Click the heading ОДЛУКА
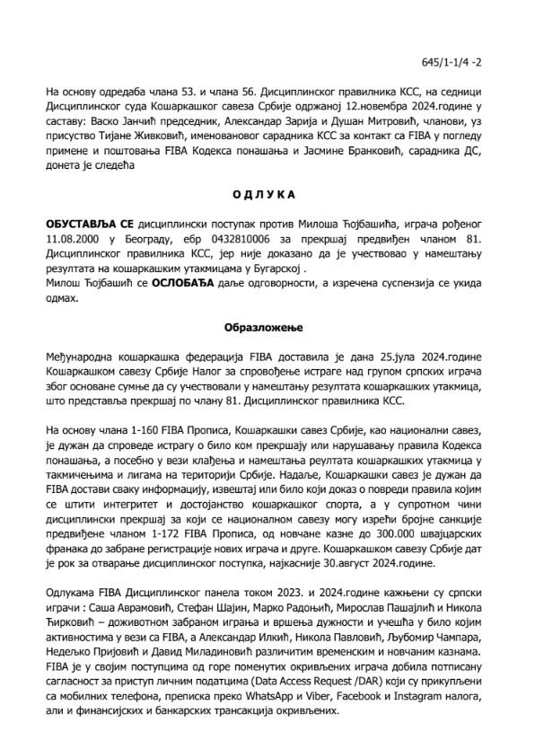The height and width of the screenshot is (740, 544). click(x=271, y=193)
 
